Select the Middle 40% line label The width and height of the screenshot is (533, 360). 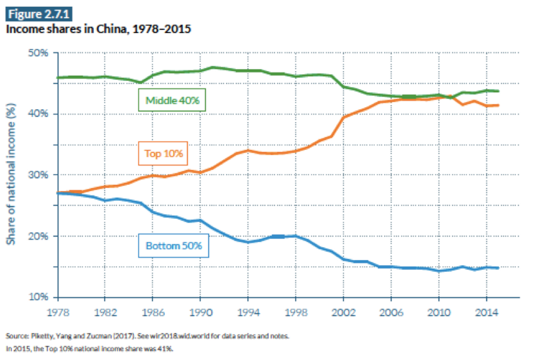[172, 100]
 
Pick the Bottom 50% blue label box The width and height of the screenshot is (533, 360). [174, 246]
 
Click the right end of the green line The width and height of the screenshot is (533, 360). [498, 91]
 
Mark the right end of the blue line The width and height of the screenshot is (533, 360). [498, 268]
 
